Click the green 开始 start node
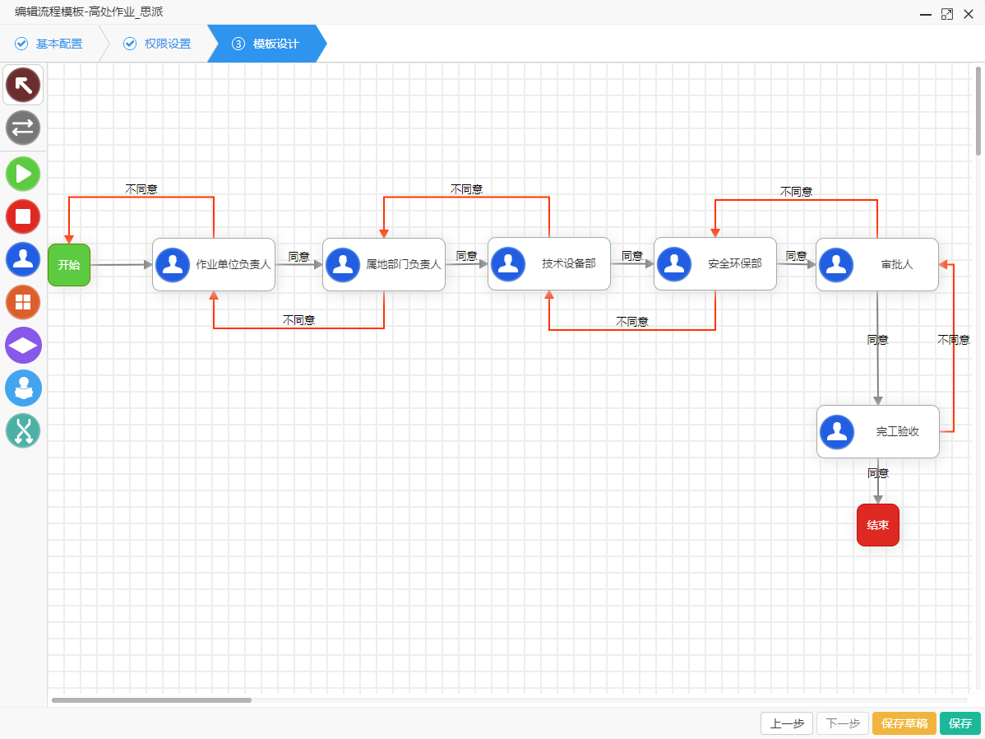69,265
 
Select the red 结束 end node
878,525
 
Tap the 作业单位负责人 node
214,265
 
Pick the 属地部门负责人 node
384,265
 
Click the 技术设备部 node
549,264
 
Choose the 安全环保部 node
715,264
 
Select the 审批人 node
877,265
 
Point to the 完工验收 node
878,431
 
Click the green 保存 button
960,723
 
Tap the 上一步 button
787,723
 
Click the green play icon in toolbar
23,174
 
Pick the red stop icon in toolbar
23,216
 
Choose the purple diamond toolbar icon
23,345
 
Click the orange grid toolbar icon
23,302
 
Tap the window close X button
969,14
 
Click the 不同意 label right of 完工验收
954,339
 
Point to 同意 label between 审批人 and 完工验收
878,339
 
